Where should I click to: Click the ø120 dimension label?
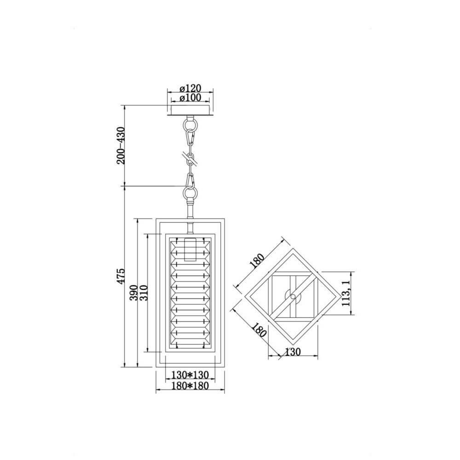[190, 88]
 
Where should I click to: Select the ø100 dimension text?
[190, 98]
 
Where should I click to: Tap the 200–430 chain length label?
[121, 145]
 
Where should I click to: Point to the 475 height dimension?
[121, 276]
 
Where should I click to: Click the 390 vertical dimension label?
[134, 293]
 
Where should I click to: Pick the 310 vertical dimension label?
[144, 293]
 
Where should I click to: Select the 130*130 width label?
[190, 375]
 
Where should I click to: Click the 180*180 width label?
[190, 385]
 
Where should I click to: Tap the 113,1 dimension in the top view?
[346, 293]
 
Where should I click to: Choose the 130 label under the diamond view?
[293, 351]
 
